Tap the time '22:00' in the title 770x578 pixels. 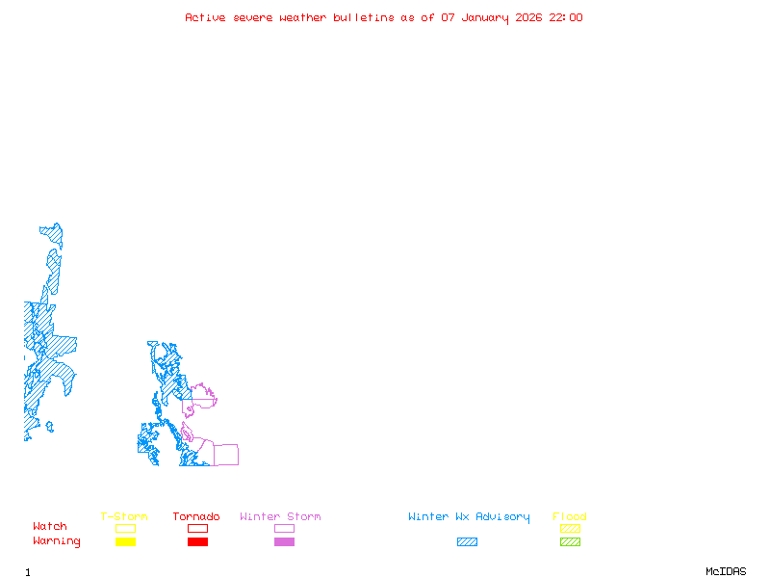pos(566,17)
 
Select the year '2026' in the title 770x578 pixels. pos(530,17)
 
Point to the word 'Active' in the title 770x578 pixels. pos(205,17)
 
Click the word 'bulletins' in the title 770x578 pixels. pos(364,17)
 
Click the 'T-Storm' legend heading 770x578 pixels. pos(124,517)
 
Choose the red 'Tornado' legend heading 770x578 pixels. pos(196,517)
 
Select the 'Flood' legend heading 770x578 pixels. pos(570,517)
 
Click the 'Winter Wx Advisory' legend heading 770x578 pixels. pos(469,517)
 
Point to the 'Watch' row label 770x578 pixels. pos(50,527)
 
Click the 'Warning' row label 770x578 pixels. pos(57,541)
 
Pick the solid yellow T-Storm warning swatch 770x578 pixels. pos(125,542)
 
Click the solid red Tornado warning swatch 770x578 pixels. pos(197,542)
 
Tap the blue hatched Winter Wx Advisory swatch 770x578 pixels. pos(467,542)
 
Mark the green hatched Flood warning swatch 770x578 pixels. pos(570,542)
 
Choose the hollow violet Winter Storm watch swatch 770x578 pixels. pos(284,528)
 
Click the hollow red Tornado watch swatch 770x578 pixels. pos(197,528)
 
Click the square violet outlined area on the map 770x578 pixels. pos(225,455)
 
